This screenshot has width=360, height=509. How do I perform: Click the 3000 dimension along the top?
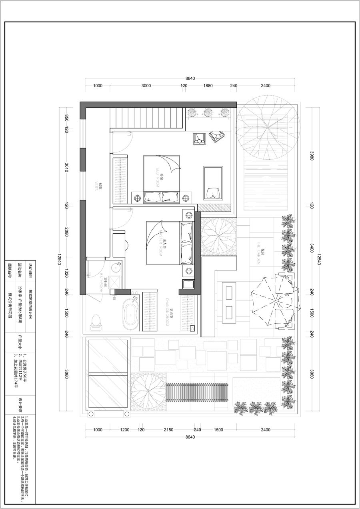pyautogui.click(x=146, y=86)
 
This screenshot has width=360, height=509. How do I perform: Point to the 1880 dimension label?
pyautogui.click(x=208, y=86)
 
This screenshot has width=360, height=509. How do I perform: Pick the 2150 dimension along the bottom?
pyautogui.click(x=168, y=430)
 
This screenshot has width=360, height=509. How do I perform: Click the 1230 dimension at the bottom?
pyautogui.click(x=125, y=430)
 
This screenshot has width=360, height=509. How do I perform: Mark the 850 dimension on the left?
pyautogui.click(x=66, y=118)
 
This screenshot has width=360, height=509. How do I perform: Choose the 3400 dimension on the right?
pyautogui.click(x=312, y=248)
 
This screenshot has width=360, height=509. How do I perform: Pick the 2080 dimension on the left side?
pyautogui.click(x=66, y=232)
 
